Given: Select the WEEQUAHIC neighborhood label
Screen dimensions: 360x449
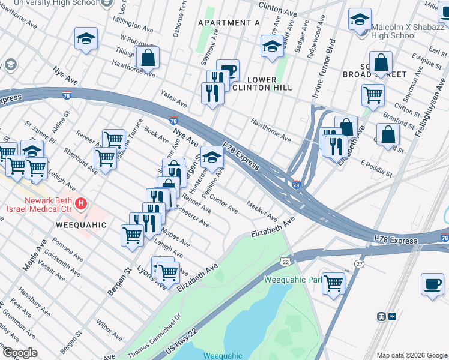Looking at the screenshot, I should click(x=80, y=225).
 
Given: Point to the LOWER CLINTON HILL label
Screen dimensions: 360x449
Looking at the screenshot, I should click(x=262, y=83).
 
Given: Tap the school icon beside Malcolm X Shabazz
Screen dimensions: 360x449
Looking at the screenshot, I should click(x=360, y=20).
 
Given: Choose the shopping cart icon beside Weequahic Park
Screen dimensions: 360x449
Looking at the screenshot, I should click(x=333, y=283).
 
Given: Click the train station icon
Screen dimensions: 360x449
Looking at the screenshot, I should click(x=380, y=316).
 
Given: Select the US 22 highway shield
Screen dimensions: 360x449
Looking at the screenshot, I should click(x=285, y=261).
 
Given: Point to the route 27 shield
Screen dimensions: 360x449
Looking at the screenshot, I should click(x=359, y=264).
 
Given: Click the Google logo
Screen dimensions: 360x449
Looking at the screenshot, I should click(x=20, y=352).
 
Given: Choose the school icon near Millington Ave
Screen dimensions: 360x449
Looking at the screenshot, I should click(x=86, y=39).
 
